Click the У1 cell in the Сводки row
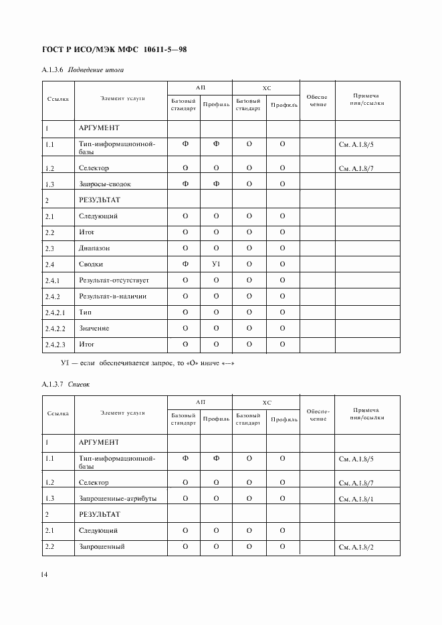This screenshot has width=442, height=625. (x=216, y=264)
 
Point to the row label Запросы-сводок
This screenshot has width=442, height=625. (x=106, y=184)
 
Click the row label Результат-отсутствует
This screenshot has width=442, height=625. (x=114, y=280)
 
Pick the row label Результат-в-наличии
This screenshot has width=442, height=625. (x=112, y=296)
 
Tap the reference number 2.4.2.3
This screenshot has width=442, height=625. (x=56, y=345)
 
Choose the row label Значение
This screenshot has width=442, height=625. (x=94, y=329)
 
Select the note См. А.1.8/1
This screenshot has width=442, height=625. (x=356, y=499)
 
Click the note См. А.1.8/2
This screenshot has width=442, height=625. (x=356, y=548)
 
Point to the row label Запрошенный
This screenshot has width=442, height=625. (x=102, y=548)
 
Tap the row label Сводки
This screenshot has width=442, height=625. (x=91, y=264)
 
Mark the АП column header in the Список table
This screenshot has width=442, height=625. (x=200, y=402)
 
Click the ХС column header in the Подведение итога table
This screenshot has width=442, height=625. (x=266, y=87)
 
